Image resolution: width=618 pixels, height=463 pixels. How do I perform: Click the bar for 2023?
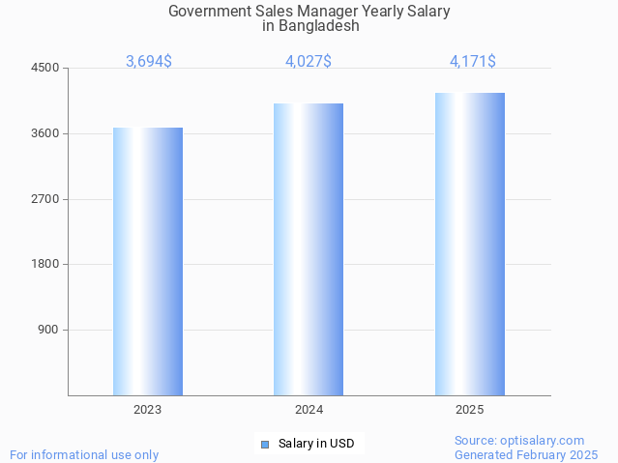(148, 261)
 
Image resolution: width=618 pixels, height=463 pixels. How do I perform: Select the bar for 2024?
(309, 249)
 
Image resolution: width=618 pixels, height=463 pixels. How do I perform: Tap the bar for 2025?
(470, 244)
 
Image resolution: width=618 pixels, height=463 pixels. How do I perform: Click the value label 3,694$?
(149, 62)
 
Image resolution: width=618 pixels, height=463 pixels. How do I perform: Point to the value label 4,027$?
(309, 62)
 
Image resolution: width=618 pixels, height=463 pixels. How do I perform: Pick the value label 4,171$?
(473, 62)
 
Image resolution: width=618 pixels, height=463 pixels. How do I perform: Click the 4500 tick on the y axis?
(45, 69)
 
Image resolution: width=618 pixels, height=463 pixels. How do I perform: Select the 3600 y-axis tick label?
(45, 133)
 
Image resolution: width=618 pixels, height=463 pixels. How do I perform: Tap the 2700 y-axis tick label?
(45, 199)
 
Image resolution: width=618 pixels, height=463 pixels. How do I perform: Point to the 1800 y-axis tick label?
(45, 264)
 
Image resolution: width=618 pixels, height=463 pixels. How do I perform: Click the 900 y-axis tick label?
(48, 330)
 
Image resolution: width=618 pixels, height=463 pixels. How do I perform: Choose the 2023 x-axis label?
(148, 410)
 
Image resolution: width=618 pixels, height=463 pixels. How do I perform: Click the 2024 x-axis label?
(309, 410)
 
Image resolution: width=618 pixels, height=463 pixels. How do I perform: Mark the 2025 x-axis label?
(470, 410)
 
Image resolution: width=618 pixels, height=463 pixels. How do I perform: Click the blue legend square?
(265, 445)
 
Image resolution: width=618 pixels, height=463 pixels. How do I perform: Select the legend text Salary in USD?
(316, 445)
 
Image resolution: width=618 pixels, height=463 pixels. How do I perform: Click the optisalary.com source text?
(519, 440)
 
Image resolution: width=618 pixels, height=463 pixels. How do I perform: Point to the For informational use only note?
(84, 454)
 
